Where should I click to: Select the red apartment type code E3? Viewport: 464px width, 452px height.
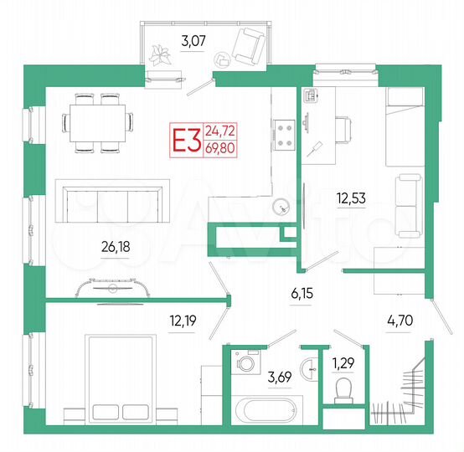pyautogui.click(x=186, y=139)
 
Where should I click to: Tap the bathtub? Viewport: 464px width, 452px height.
pyautogui.click(x=264, y=413)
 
